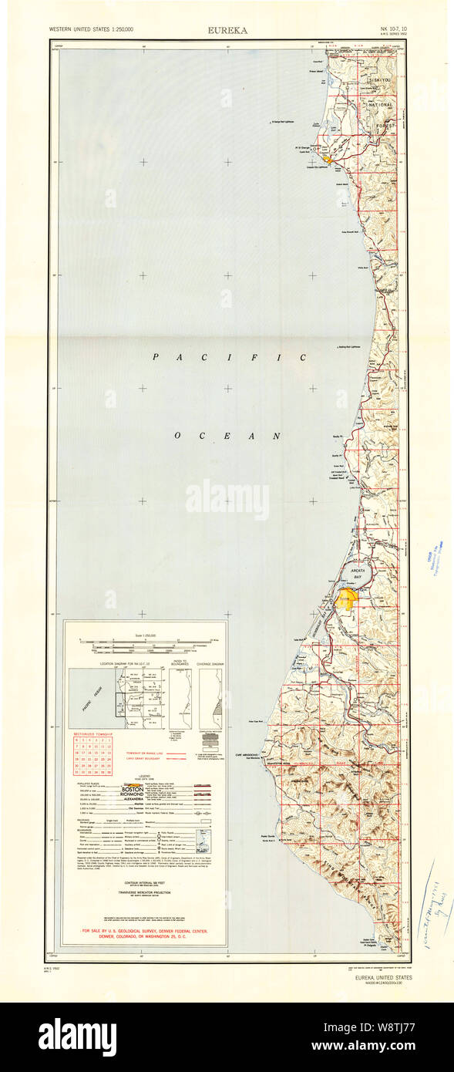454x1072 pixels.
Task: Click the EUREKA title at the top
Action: tap(227, 30)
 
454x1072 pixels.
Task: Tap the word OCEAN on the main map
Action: tap(227, 436)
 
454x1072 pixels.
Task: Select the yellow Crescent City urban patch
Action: tap(328, 160)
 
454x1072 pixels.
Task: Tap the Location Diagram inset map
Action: tap(116, 698)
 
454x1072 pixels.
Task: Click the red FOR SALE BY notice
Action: tap(145, 934)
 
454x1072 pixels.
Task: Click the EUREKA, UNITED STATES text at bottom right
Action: tap(383, 978)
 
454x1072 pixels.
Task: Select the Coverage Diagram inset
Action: tap(210, 698)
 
